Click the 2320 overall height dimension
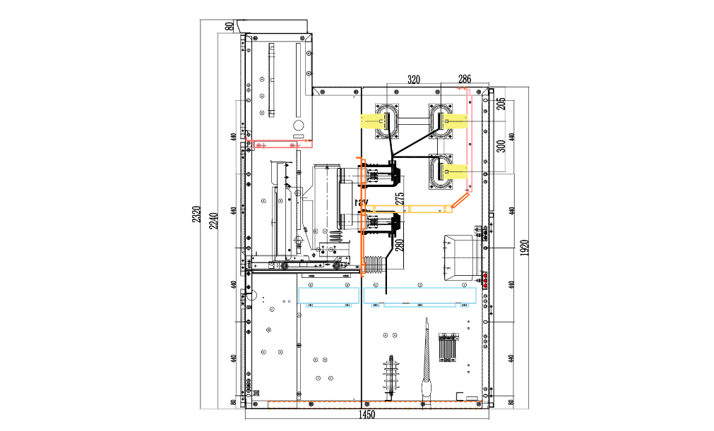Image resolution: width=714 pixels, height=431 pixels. [x=198, y=214]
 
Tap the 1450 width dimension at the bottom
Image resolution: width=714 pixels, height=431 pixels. [x=367, y=415]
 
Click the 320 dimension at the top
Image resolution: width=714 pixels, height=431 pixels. [x=413, y=80]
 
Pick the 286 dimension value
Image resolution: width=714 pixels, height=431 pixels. [x=465, y=78]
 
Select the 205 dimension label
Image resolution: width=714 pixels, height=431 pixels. [x=501, y=103]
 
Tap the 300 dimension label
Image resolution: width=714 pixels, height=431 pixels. [x=501, y=146]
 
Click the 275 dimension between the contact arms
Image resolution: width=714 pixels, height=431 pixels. [x=400, y=198]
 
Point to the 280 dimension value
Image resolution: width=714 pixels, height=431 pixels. [x=400, y=245]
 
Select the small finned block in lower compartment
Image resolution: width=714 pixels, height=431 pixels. [x=446, y=346]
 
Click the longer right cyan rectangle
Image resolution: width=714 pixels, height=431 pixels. [x=420, y=296]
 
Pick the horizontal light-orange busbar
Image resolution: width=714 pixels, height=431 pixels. [x=410, y=209]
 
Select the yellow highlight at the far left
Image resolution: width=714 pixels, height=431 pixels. [x=371, y=121]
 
